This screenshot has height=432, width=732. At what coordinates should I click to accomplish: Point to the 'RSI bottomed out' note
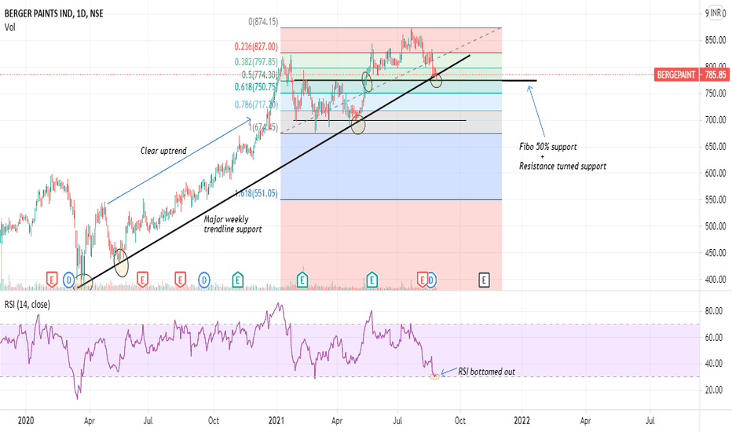coord(488,371)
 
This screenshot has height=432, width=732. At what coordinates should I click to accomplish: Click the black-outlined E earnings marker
coord(485,279)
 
